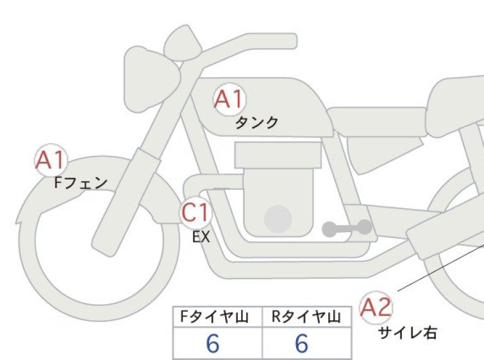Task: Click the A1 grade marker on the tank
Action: (x=230, y=99)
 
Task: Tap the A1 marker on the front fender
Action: (x=51, y=160)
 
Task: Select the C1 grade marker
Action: (x=196, y=212)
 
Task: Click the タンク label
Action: (x=256, y=123)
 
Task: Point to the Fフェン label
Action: (x=81, y=183)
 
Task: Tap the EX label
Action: (x=201, y=237)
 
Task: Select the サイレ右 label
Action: (x=408, y=333)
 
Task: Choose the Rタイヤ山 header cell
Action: (x=306, y=317)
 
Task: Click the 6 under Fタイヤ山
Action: (x=213, y=343)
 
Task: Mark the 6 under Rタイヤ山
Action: (x=301, y=343)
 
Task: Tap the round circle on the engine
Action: (x=278, y=219)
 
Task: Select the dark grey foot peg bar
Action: (x=347, y=228)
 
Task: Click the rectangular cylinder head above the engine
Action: (x=278, y=155)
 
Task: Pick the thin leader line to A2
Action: (x=441, y=268)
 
